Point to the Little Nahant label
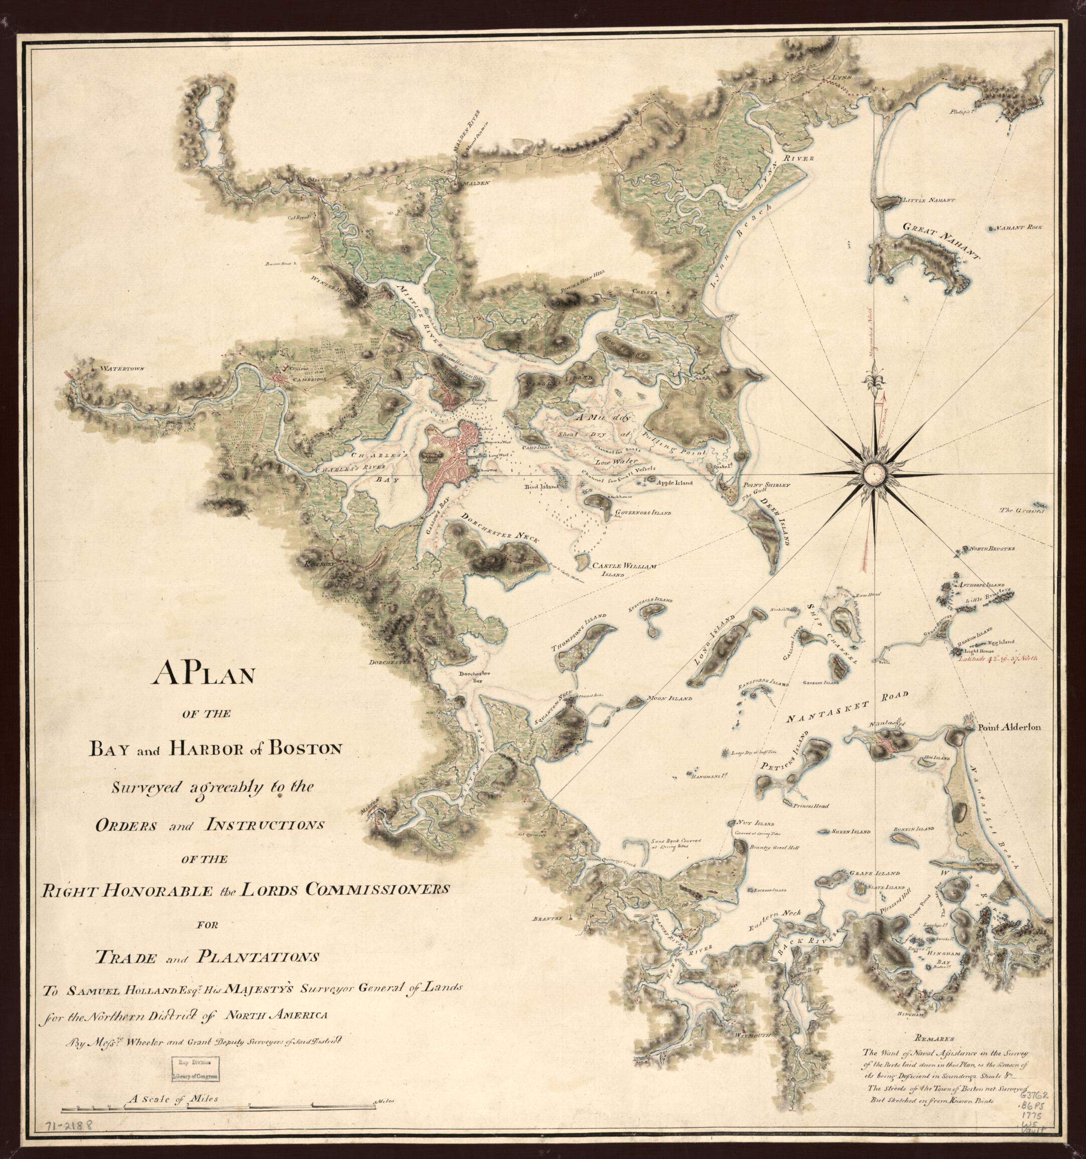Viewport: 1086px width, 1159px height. click(927, 200)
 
